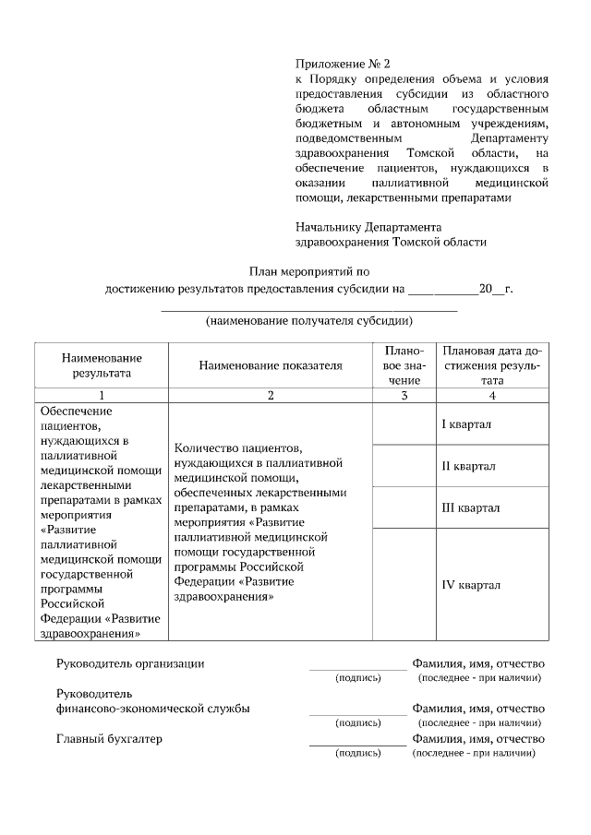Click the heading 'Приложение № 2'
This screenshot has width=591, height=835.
(343, 64)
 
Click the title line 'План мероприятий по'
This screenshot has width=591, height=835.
(308, 271)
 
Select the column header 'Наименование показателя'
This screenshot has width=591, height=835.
(271, 365)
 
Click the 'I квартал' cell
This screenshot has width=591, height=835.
(466, 424)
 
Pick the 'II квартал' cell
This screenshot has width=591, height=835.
(468, 466)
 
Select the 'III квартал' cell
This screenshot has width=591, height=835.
(470, 507)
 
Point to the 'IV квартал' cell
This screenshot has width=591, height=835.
(470, 585)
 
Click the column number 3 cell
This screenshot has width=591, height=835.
(404, 396)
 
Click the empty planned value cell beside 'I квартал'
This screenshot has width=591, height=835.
(404, 424)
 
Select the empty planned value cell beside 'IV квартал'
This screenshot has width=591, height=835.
(404, 585)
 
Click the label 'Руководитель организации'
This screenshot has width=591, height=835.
(130, 663)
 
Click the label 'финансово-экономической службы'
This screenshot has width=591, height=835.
(152, 709)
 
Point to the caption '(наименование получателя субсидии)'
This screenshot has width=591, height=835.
(308, 321)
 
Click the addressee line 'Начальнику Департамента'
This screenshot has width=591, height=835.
(368, 226)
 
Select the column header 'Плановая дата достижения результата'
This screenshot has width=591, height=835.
(492, 365)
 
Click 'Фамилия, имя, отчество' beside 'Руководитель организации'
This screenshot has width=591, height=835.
(478, 663)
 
